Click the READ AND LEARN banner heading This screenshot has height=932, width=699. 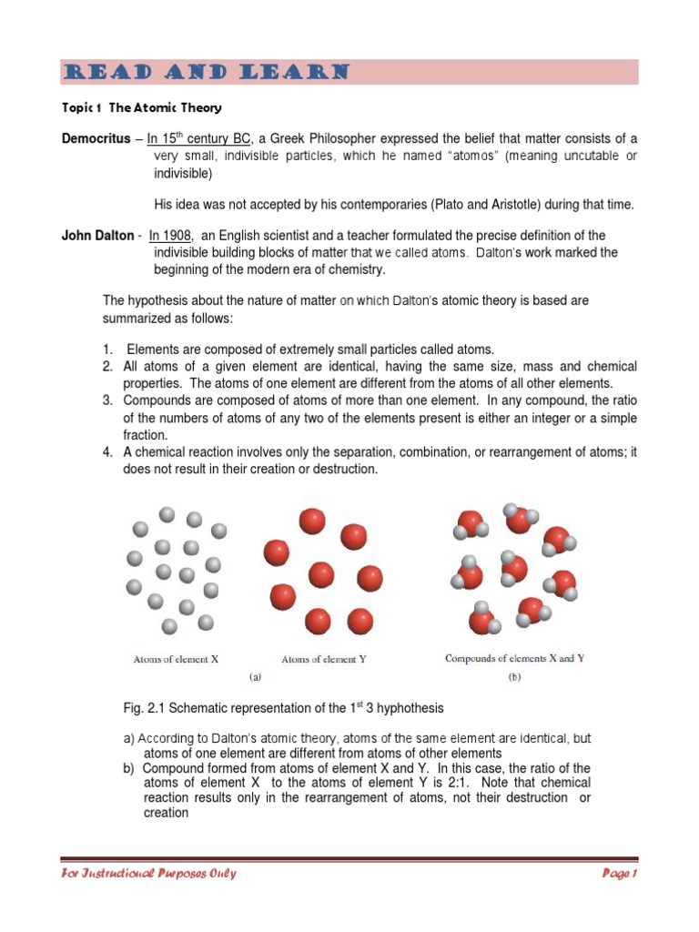click(x=205, y=72)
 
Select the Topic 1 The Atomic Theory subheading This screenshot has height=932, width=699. click(x=141, y=107)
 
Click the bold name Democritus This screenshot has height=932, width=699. click(x=96, y=138)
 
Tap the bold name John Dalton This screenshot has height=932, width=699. click(x=97, y=236)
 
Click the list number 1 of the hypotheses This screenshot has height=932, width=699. click(x=107, y=349)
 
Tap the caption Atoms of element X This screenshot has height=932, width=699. click(x=176, y=658)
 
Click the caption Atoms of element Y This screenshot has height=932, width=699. click(x=324, y=659)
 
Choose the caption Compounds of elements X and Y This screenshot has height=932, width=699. click(x=515, y=658)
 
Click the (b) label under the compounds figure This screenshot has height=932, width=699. click(x=516, y=677)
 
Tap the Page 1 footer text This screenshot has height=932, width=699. click(x=620, y=874)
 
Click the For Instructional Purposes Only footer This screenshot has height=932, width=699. click(x=149, y=874)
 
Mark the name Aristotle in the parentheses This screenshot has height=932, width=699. click(x=524, y=206)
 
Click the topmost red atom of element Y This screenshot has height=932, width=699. click(x=312, y=521)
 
